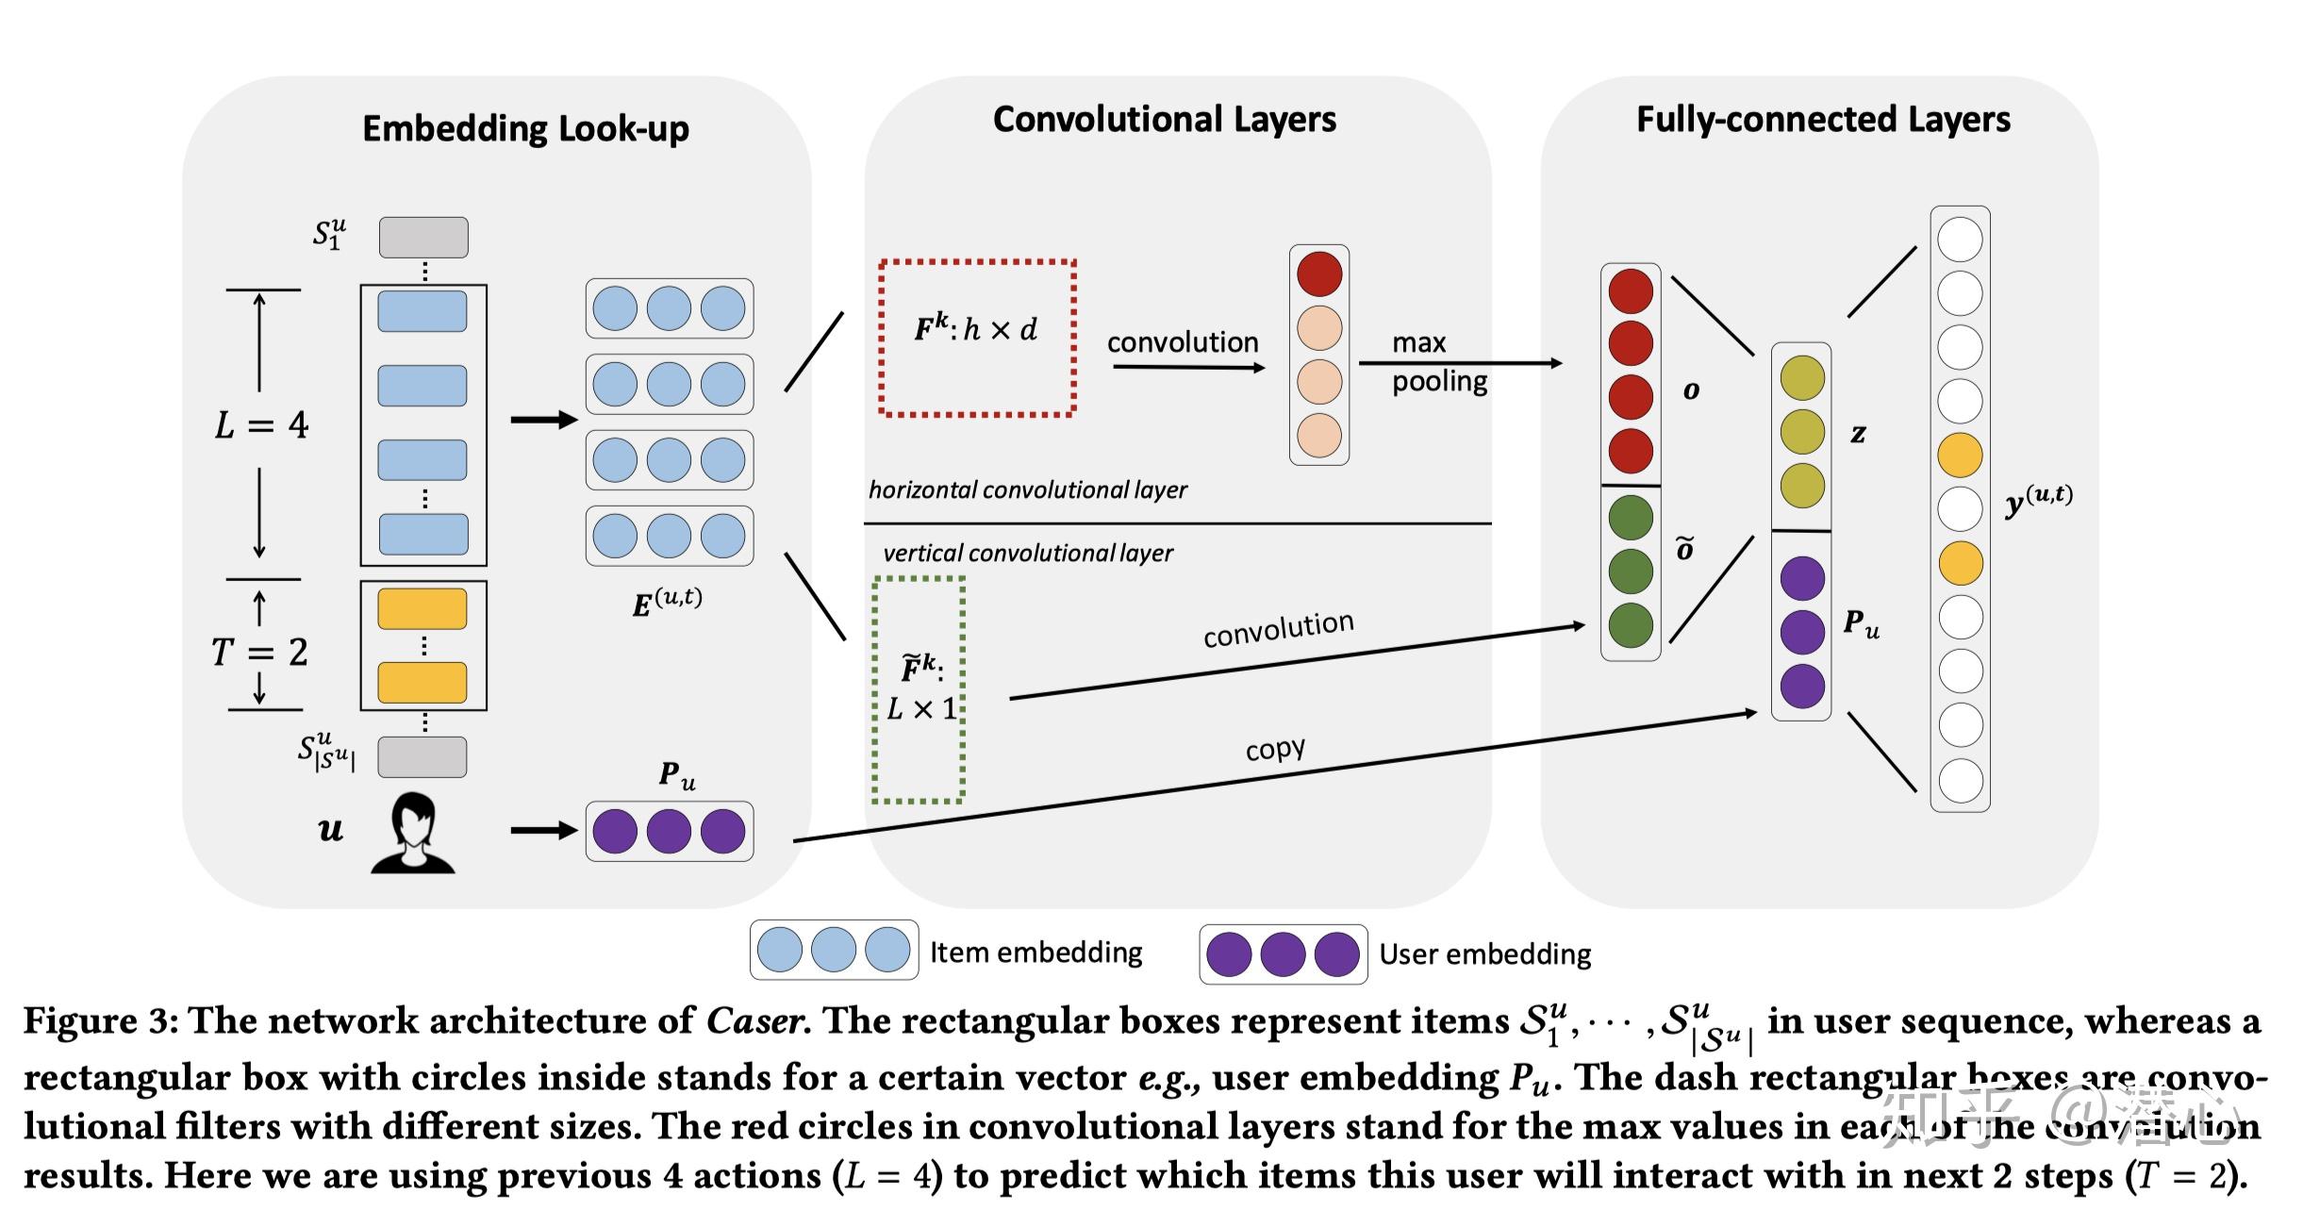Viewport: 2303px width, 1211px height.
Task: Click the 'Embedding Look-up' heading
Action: pos(525,128)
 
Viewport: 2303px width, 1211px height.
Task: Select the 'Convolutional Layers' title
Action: pos(1164,120)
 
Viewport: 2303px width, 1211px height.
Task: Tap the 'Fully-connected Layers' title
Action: pos(1822,120)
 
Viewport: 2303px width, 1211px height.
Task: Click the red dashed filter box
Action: pos(977,338)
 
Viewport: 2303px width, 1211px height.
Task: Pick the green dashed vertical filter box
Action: pos(919,689)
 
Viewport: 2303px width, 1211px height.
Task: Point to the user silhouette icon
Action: pos(413,833)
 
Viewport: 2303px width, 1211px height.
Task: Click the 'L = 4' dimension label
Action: pos(261,425)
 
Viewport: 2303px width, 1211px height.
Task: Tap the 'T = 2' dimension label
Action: pos(259,652)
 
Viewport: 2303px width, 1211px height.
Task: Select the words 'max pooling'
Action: pos(1438,361)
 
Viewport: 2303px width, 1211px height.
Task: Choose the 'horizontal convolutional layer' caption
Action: pos(1027,489)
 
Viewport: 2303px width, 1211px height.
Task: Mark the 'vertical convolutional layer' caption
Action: pos(1027,553)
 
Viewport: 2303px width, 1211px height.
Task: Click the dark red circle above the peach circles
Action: pos(1318,274)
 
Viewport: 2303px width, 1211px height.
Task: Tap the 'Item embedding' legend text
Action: pos(1036,952)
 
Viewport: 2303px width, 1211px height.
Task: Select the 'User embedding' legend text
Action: pos(1484,954)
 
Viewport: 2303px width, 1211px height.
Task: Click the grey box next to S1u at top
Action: pos(423,237)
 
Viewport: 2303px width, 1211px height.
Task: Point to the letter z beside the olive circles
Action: pos(1858,433)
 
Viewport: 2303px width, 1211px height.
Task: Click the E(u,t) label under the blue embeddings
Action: pos(667,602)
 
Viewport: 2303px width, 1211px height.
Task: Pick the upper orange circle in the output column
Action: pos(1960,456)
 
